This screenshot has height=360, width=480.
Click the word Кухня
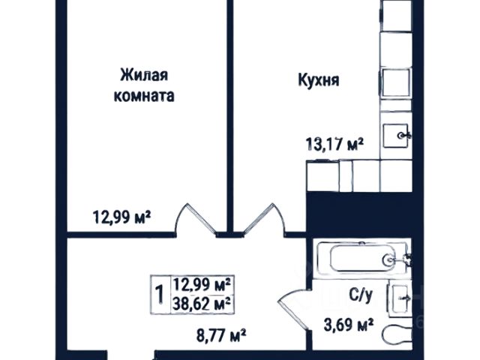tap(319, 80)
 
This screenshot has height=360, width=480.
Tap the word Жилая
tap(144, 75)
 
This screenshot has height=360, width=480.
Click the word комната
tap(144, 96)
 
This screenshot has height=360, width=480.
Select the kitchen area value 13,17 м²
tap(334, 144)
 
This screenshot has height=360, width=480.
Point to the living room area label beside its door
tap(121, 217)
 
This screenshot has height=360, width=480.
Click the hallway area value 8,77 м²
tap(221, 335)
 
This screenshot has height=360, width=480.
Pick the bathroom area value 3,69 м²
tap(349, 325)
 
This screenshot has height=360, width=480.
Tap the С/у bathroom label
tap(361, 295)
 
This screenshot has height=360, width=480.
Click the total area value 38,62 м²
tap(202, 304)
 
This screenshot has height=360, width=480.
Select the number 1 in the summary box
tap(160, 294)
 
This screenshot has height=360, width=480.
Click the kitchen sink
tap(397, 136)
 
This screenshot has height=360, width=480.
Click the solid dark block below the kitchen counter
tap(360, 215)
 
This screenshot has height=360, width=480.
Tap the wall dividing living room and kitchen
tap(230, 116)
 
